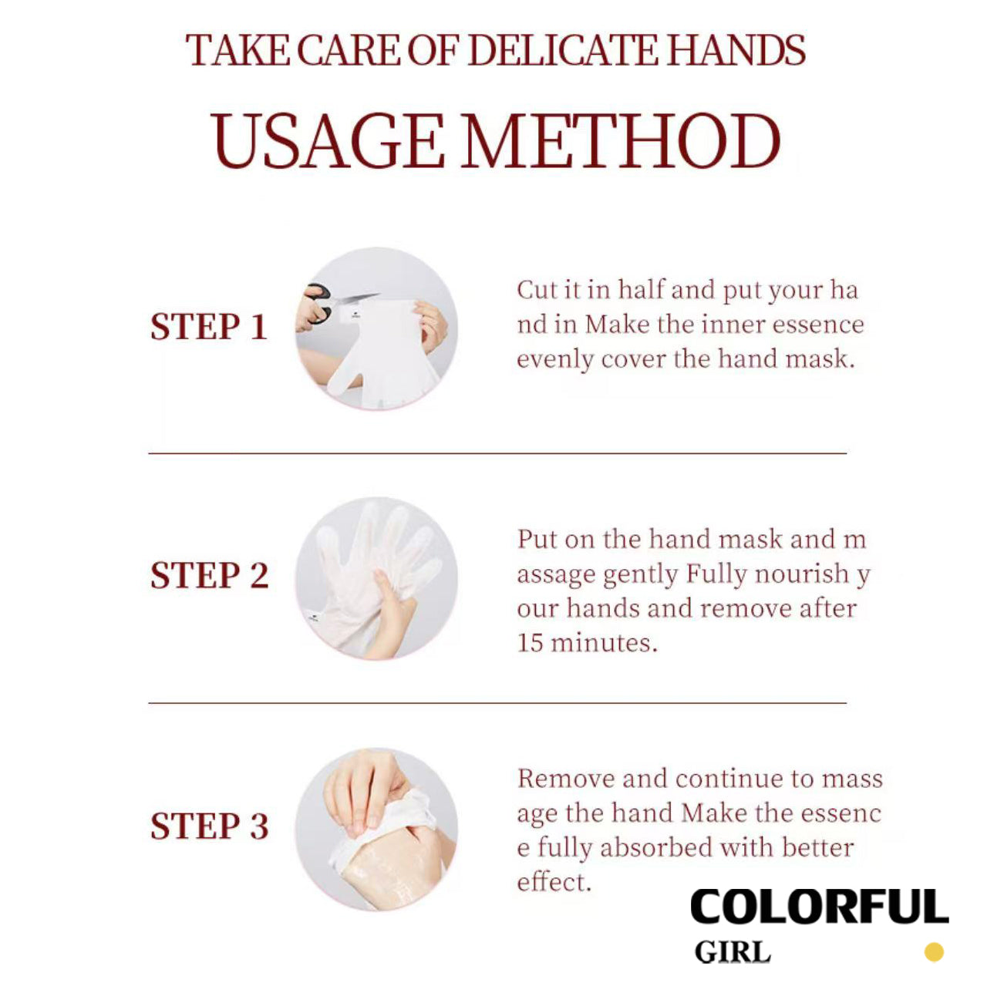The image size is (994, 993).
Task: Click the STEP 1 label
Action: [x=209, y=327]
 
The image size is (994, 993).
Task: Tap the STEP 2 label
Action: [x=210, y=576]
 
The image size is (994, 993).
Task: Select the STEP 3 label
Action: [x=210, y=826]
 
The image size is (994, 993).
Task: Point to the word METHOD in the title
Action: [x=621, y=141]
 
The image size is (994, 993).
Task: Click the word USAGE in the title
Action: [x=328, y=141]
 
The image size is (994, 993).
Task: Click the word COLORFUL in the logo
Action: [x=819, y=907]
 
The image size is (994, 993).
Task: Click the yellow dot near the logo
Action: [x=934, y=952]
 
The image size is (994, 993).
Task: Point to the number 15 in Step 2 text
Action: [x=530, y=643]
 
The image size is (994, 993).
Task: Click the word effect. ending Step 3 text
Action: [x=554, y=883]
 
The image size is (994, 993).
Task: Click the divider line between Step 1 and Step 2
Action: [x=497, y=453]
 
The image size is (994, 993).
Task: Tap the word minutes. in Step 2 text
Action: [x=604, y=643]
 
